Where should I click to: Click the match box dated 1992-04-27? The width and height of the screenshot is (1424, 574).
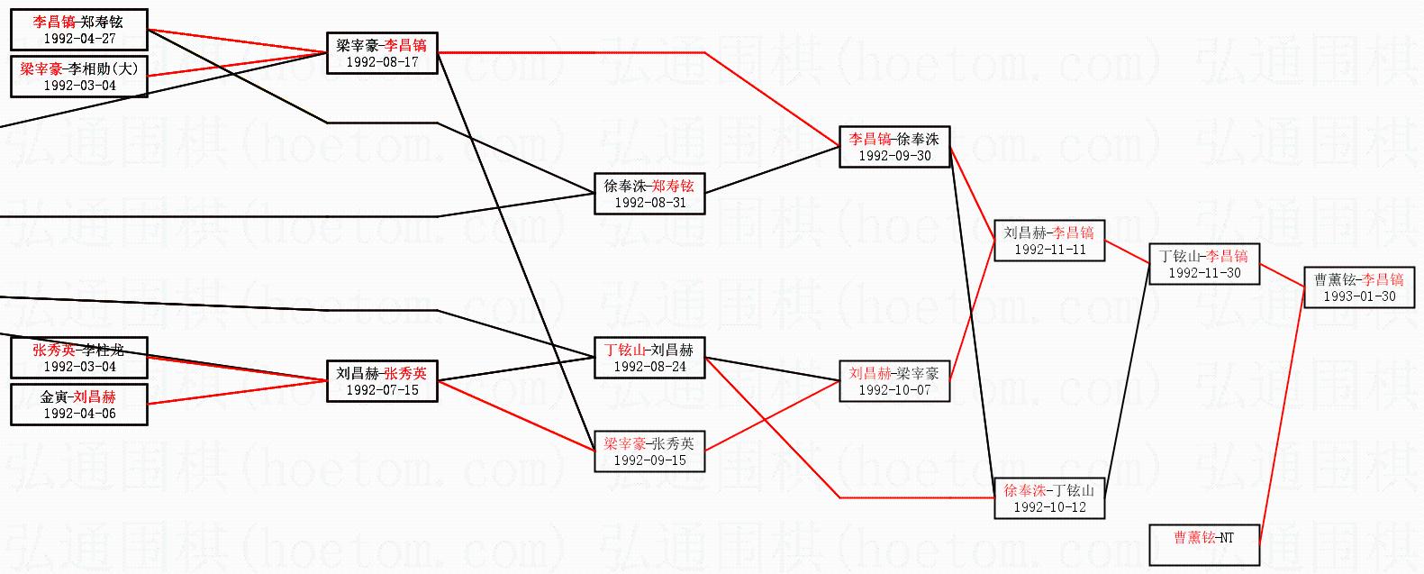point(78,31)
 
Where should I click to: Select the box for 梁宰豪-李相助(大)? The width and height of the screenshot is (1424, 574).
point(78,77)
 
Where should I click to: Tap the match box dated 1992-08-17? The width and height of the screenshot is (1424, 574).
point(382,53)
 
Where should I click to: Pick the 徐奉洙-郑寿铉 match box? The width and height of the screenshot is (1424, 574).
point(649,194)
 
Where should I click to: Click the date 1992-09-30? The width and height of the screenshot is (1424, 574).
point(894,155)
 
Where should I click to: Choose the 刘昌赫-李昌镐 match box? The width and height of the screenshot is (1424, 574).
point(1049,241)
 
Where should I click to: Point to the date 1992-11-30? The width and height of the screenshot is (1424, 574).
point(1204,272)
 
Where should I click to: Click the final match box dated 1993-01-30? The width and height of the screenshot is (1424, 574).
point(1359,287)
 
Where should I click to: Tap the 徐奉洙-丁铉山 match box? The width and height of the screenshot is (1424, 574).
point(1049,498)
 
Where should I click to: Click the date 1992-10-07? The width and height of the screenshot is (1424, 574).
point(894,389)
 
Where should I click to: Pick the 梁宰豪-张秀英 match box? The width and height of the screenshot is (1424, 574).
point(649,451)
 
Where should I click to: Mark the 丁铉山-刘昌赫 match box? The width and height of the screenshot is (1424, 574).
point(649,358)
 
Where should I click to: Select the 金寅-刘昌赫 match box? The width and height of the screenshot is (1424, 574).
point(78,405)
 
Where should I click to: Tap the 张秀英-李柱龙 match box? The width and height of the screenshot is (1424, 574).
point(78,358)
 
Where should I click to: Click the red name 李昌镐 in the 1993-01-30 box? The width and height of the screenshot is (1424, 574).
point(1383,279)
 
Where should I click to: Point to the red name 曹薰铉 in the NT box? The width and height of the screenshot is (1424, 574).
point(1193,538)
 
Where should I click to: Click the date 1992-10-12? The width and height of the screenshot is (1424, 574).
point(1049,506)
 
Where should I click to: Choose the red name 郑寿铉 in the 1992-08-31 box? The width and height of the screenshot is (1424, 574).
point(673,187)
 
